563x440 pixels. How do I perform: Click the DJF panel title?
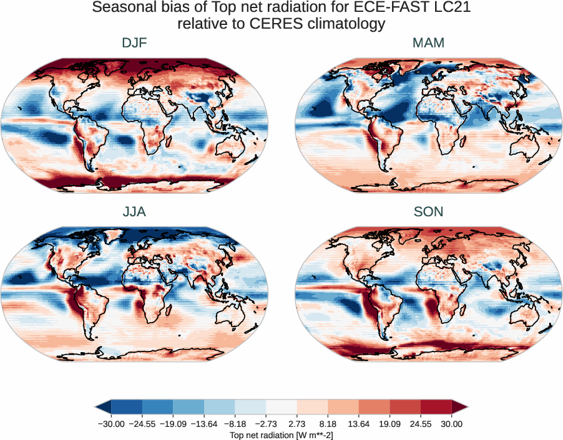[x=134, y=43]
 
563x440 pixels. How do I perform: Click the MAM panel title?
[x=428, y=43]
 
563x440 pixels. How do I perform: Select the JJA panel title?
[x=134, y=212]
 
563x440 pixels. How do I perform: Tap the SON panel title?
[x=428, y=212]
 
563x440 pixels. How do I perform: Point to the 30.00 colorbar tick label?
[x=452, y=424]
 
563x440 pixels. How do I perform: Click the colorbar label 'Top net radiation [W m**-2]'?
[x=281, y=434]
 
